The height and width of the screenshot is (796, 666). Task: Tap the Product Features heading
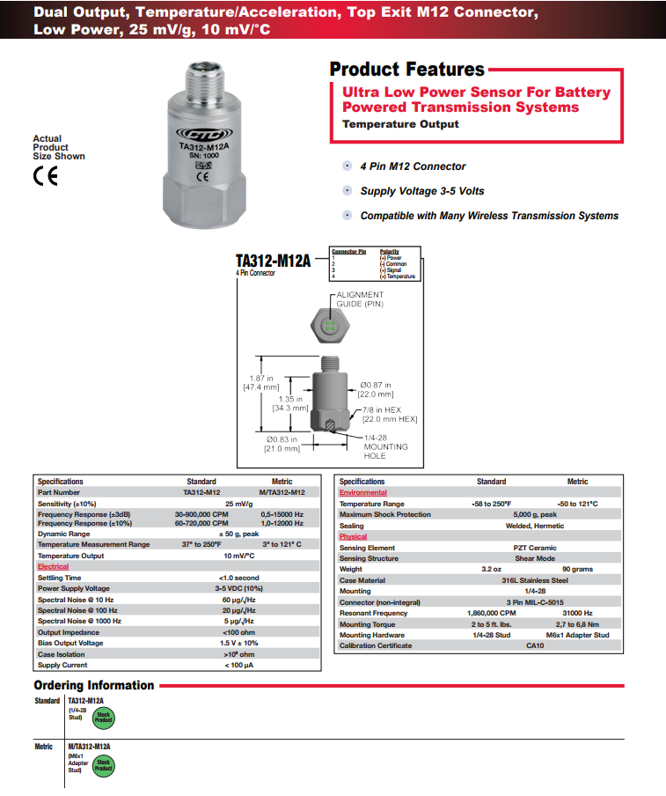pos(406,70)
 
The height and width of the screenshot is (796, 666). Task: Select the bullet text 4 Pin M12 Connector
pos(413,166)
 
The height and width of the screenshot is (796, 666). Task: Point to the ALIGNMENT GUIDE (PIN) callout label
pos(360,299)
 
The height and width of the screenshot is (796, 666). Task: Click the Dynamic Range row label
pos(63,534)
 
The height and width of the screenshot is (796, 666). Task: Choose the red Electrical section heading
pos(53,566)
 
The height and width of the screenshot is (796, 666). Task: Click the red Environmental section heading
pos(362,493)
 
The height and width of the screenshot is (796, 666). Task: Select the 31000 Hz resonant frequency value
pos(577,613)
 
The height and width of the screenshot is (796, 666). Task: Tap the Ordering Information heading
pos(94,685)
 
